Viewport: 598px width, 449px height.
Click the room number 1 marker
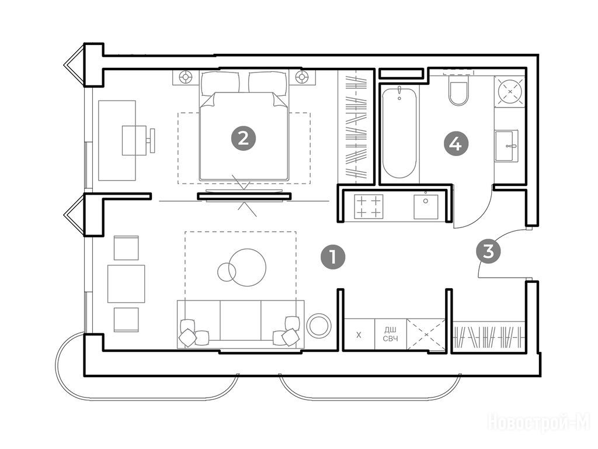332,257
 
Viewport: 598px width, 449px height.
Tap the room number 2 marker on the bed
243,138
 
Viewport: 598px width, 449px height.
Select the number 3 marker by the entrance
488,251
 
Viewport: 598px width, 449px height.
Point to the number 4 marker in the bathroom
456,144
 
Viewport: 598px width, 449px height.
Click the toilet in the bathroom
458,89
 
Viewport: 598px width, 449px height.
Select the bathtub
399,132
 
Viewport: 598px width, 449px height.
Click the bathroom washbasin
507,146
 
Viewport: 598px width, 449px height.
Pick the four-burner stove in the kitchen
368,206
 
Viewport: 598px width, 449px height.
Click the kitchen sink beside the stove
426,206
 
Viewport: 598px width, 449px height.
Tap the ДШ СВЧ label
391,334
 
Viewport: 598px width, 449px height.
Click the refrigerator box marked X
359,334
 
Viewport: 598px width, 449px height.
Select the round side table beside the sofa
319,326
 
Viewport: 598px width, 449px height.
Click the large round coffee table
248,267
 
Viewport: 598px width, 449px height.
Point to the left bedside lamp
186,77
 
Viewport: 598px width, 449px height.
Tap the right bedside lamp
302,77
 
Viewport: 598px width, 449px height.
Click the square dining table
126,284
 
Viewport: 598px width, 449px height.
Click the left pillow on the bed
220,84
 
